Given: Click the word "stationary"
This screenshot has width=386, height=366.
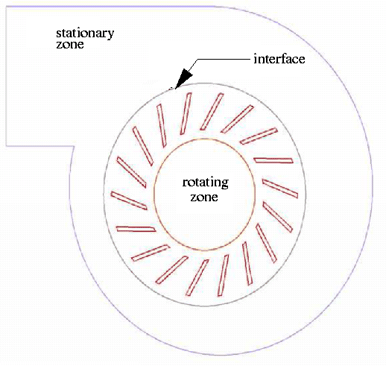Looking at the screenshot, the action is pyautogui.click(x=85, y=34).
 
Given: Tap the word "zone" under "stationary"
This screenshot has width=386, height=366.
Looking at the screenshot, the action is pyautogui.click(x=70, y=45).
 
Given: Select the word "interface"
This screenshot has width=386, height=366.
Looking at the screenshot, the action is pyautogui.click(x=279, y=59).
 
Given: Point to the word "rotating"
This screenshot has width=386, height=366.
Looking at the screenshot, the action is pyautogui.click(x=206, y=183).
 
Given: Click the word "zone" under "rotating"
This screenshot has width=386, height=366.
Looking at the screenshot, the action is pyautogui.click(x=204, y=198).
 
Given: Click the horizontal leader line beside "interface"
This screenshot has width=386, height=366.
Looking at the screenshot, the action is pyautogui.click(x=224, y=60).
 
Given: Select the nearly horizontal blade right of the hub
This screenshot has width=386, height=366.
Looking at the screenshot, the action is pyautogui.click(x=273, y=160).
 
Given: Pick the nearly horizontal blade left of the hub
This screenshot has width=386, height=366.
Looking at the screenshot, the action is pyautogui.click(x=136, y=229).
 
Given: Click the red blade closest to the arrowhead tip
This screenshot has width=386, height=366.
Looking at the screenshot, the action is pyautogui.click(x=186, y=113).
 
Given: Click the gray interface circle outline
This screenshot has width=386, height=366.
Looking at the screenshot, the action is pyautogui.click(x=104, y=195).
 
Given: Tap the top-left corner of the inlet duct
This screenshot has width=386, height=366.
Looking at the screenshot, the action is pyautogui.click(x=6, y=7).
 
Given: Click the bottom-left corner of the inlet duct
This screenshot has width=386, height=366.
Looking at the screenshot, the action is pyautogui.click(x=6, y=146).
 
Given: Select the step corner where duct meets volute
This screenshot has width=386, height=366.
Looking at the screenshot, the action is pyautogui.click(x=74, y=146).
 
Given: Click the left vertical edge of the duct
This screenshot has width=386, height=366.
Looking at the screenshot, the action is pyautogui.click(x=6, y=76).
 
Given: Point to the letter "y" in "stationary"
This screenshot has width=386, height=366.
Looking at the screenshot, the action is pyautogui.click(x=111, y=35).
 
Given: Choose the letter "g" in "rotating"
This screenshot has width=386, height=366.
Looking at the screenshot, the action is pyautogui.click(x=224, y=185).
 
